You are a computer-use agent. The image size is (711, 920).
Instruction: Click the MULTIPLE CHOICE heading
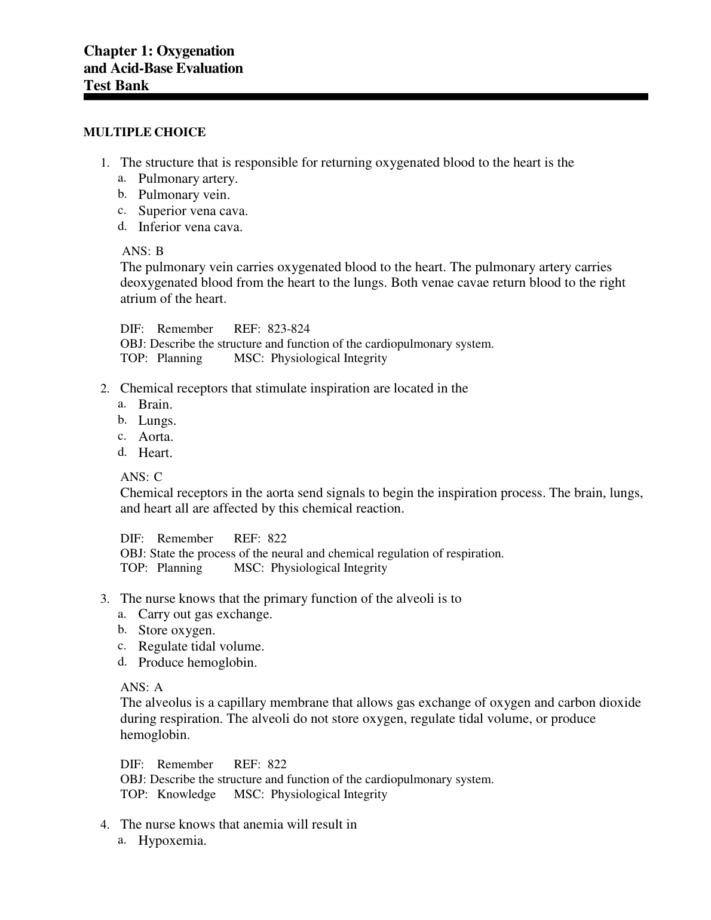(x=145, y=133)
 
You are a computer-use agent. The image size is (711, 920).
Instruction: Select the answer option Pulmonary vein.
(x=184, y=195)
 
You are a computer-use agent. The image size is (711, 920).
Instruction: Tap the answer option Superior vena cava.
(x=193, y=211)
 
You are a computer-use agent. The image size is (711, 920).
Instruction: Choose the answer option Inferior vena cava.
(x=191, y=227)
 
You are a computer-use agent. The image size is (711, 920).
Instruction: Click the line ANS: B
(x=142, y=251)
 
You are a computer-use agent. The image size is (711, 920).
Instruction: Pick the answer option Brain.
(x=155, y=404)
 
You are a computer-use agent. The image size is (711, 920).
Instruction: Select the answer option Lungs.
(x=157, y=421)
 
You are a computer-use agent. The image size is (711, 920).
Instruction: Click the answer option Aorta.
(x=156, y=437)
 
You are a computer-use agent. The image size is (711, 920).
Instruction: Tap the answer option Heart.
(x=155, y=453)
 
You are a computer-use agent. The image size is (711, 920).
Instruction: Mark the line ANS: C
(x=141, y=477)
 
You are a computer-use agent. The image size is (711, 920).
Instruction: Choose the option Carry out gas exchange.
(x=205, y=614)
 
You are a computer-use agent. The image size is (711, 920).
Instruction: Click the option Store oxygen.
(x=177, y=630)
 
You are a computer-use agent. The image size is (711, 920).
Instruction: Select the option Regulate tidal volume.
(x=201, y=646)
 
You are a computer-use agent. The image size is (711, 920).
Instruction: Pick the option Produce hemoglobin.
(x=198, y=663)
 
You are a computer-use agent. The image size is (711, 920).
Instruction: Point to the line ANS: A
(x=142, y=688)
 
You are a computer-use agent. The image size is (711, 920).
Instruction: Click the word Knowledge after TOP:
(x=186, y=795)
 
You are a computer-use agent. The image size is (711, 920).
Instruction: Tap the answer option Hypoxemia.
(x=173, y=841)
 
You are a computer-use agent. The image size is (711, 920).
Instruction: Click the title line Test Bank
(x=117, y=85)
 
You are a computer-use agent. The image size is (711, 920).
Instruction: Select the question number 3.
(x=104, y=599)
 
